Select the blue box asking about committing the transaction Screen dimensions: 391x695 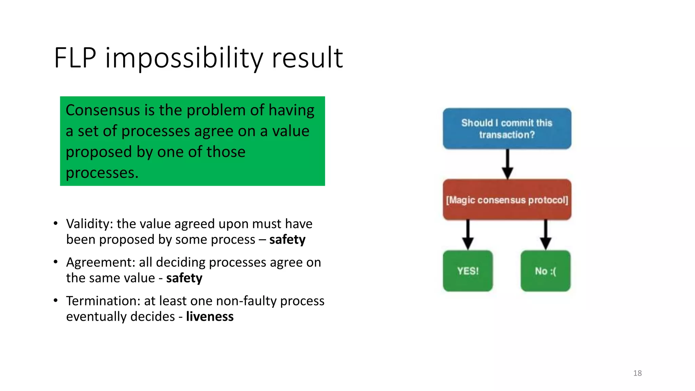(x=507, y=129)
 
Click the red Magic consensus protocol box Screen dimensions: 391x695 (x=507, y=200)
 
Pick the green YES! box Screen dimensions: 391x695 (x=468, y=271)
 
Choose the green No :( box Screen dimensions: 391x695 (x=545, y=271)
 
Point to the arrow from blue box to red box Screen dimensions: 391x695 (x=507, y=164)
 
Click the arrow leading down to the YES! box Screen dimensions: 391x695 (x=468, y=235)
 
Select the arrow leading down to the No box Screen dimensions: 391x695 (x=545, y=235)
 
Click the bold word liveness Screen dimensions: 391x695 (x=210, y=317)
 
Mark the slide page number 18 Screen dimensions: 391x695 (x=637, y=373)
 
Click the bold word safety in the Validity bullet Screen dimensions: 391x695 (x=287, y=240)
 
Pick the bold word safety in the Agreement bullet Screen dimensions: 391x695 (x=184, y=278)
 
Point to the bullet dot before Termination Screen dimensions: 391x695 (x=56, y=300)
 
